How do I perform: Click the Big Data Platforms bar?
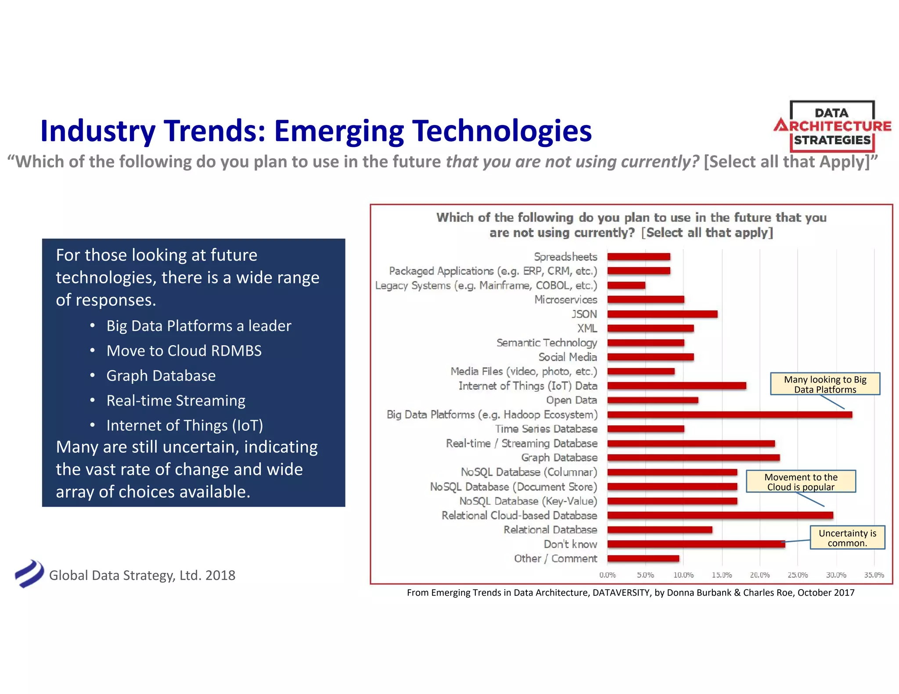click(x=730, y=415)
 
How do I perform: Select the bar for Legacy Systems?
click(x=626, y=285)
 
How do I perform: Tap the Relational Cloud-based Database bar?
click(x=720, y=515)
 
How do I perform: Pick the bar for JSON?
click(x=662, y=314)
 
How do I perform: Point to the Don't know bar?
click(x=696, y=544)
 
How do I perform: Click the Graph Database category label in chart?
click(x=559, y=458)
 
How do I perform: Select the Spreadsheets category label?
click(x=565, y=257)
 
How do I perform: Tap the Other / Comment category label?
click(x=555, y=558)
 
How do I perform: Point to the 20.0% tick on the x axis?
click(x=759, y=575)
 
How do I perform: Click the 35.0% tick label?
click(x=874, y=575)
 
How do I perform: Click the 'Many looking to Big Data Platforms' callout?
click(x=825, y=384)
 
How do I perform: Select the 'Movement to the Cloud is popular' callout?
click(x=801, y=482)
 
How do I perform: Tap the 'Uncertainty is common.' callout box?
click(x=847, y=538)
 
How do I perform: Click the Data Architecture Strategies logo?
click(x=832, y=126)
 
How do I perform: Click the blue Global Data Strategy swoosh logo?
click(x=29, y=573)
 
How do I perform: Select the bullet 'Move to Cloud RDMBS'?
click(x=184, y=351)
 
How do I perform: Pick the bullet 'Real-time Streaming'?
click(x=176, y=401)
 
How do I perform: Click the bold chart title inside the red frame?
click(x=631, y=225)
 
